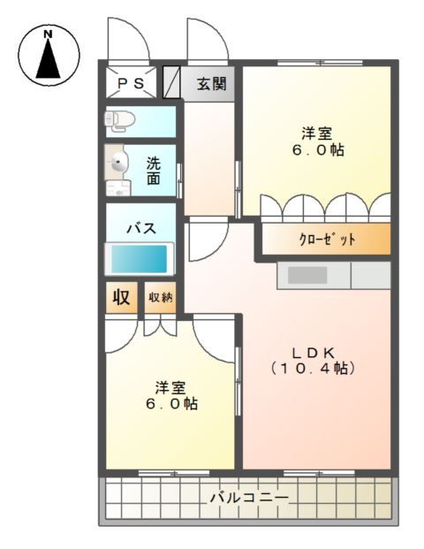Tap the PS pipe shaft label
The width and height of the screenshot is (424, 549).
[x=132, y=84]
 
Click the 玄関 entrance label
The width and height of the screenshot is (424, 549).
[x=211, y=85]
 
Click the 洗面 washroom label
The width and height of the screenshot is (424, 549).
[x=154, y=170]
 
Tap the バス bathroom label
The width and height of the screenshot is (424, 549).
[x=140, y=228]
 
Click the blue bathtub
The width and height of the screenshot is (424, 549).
[x=139, y=259]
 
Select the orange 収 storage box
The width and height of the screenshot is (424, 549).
[x=122, y=297]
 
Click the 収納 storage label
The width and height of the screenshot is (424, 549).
[x=160, y=297]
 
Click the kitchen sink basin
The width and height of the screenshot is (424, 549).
[x=308, y=275]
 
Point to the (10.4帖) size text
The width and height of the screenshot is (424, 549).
[x=314, y=368]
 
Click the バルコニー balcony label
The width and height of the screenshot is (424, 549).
[x=248, y=499]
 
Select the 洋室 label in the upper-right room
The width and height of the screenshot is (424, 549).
[x=316, y=133]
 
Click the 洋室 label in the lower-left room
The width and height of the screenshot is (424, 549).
[x=171, y=387]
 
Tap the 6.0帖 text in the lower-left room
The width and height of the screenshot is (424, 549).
[x=171, y=404]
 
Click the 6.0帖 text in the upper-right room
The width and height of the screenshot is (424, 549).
[x=316, y=150]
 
